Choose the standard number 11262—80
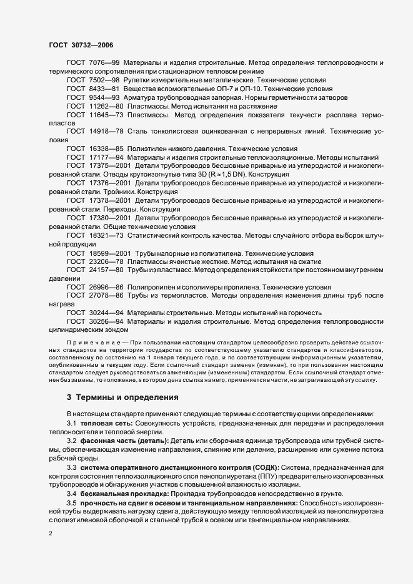coord(107,107)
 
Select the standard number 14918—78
coord(107,133)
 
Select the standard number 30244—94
coord(107,313)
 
